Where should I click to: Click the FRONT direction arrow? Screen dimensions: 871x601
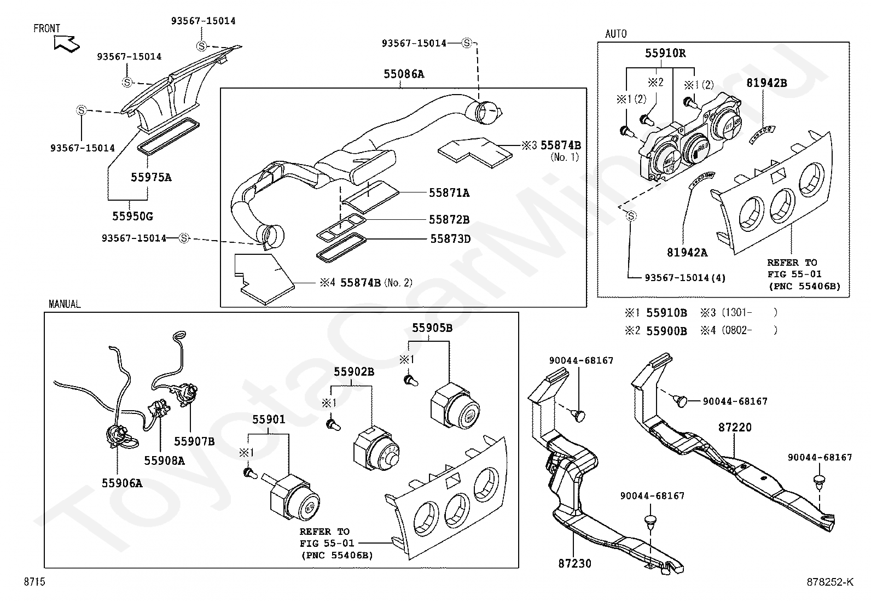[x=66, y=43]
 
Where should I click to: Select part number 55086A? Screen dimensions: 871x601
[x=404, y=74]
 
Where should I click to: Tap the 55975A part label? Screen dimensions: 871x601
[x=151, y=177]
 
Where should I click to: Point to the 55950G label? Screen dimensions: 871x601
[x=132, y=216]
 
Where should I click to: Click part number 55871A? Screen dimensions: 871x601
[x=449, y=193]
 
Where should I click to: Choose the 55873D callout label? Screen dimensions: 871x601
[x=450, y=238]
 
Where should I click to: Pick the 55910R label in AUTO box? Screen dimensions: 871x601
[x=665, y=53]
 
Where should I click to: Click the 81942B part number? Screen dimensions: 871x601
[x=767, y=83]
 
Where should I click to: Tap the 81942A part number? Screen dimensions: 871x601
[x=687, y=253]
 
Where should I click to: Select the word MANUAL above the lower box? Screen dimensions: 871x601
[x=65, y=304]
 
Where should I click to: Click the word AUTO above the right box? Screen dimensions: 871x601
[x=616, y=34]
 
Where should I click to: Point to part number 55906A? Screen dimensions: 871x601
[x=122, y=483]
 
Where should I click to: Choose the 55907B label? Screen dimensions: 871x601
[x=194, y=442]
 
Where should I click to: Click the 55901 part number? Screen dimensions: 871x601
[x=269, y=419]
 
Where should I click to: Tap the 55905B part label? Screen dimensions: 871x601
[x=432, y=328]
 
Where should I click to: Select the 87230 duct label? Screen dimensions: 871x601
[x=574, y=564]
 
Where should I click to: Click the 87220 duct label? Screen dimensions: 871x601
[x=735, y=428]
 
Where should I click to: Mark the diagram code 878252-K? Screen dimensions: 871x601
[x=830, y=582]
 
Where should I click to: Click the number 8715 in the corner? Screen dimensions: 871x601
[x=34, y=581]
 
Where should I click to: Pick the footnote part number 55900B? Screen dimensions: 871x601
[x=666, y=331]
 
